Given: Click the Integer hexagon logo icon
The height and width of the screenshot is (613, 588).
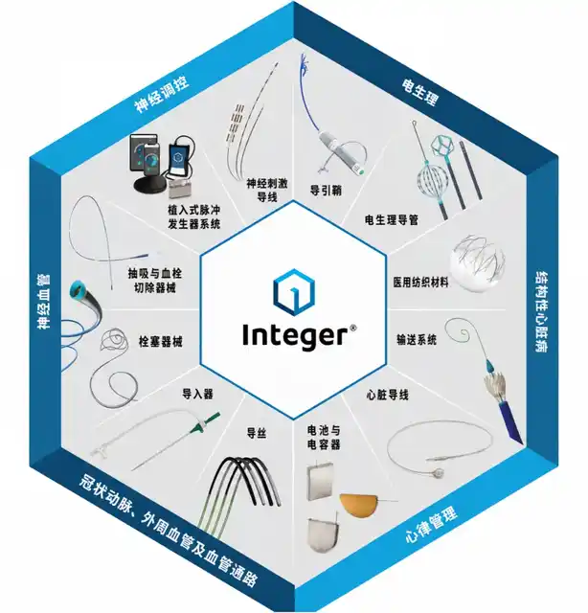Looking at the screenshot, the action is point(294,291).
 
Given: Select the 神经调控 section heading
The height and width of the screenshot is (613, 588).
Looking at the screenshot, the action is point(162,94).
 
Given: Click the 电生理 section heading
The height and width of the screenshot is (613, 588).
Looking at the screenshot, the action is point(419,92).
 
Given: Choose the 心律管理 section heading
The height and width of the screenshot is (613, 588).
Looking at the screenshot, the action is point(430,525).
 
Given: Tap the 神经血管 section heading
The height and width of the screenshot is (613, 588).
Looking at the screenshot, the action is point(44,302).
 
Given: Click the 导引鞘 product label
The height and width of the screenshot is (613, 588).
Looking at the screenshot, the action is point(326,190).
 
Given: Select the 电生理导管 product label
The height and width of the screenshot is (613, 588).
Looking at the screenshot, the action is point(392,219).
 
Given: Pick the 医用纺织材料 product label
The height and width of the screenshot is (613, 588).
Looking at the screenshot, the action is point(420,283).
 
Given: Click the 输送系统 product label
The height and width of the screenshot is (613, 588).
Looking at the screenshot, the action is point(417,339).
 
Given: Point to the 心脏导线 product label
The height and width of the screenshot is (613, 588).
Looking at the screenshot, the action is point(387,395).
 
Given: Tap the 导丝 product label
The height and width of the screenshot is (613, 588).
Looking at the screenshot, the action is point(257,433).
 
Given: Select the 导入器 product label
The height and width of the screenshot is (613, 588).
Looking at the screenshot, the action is point(197,394).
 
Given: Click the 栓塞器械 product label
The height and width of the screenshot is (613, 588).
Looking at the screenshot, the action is point(160,342).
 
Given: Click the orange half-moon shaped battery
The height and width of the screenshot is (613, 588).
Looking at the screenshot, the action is point(358,505).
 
